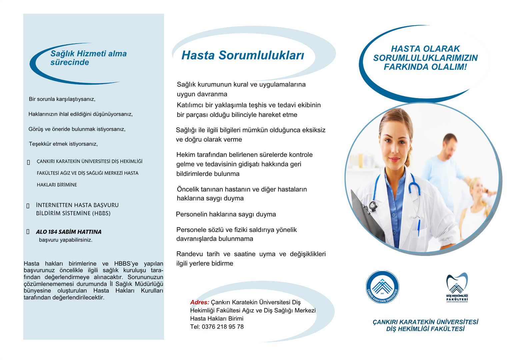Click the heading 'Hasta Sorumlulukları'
[x=243, y=55]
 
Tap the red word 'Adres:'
[x=199, y=302]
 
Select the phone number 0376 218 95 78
[x=223, y=327]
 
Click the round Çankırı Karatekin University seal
[x=382, y=287]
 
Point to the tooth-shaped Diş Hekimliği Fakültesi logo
[x=457, y=287]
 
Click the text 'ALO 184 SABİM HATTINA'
[x=69, y=232]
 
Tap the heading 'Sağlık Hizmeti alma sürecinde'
[x=88, y=58]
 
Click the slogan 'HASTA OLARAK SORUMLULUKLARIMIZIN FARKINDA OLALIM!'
[x=425, y=58]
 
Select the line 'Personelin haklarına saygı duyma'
[x=226, y=214]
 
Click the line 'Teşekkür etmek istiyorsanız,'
[x=63, y=144]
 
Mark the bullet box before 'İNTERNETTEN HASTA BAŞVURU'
[x=28, y=206]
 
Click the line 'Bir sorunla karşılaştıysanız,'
[x=62, y=99]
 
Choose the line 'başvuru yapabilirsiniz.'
[x=66, y=240]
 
